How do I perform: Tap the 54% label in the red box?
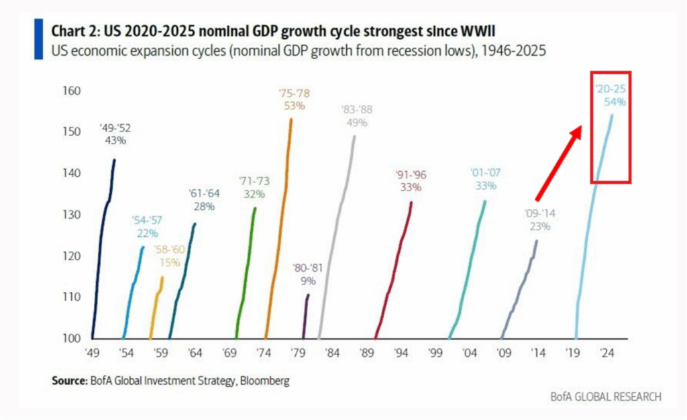pos(615,102)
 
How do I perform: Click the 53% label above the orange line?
pos(293,105)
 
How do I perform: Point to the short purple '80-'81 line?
pos(306,315)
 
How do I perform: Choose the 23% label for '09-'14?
pos(540,226)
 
